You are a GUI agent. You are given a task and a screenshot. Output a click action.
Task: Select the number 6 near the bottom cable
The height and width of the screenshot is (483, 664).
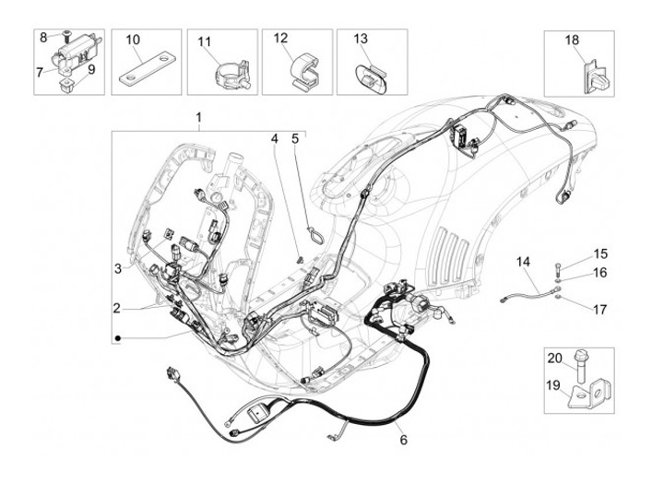tap(402, 440)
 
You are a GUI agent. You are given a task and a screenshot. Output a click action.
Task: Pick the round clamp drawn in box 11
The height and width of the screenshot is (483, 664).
tap(219, 71)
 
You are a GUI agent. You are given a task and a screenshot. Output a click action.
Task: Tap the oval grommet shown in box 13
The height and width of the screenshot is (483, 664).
tap(369, 74)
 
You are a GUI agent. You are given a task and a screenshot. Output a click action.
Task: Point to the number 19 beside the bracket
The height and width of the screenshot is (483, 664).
tap(554, 386)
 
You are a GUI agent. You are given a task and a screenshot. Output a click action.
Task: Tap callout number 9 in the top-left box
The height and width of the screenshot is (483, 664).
tap(91, 68)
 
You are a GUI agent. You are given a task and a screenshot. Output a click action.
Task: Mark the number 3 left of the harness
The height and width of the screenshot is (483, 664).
tap(118, 268)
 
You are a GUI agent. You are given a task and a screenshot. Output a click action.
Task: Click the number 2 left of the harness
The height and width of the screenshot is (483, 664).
tap(118, 308)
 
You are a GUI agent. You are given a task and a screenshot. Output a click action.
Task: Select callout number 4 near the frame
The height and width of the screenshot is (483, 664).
tap(274, 139)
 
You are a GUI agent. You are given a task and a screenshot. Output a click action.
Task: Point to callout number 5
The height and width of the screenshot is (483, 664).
tap(295, 139)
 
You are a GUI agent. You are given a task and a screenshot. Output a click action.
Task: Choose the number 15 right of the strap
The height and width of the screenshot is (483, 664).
tap(600, 253)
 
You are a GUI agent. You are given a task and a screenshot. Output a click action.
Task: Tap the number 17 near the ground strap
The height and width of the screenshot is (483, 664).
tap(600, 310)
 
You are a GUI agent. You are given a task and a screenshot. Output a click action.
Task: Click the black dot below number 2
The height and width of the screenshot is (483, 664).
tap(118, 340)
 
